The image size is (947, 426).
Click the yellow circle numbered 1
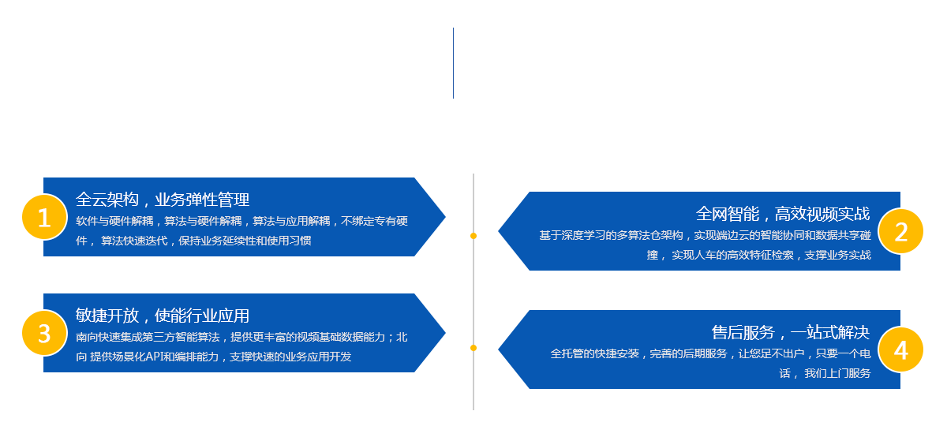44,217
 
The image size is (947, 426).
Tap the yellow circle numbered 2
900,231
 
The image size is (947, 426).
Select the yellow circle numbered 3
44,333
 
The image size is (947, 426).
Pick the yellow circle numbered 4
900,349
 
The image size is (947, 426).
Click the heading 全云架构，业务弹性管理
163,200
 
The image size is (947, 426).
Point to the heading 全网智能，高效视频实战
783,214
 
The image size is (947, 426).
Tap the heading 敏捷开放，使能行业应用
163,316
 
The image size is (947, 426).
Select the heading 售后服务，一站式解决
791,332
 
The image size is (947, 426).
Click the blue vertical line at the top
453,63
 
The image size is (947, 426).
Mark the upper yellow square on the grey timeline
473,235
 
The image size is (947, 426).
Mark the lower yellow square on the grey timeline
473,347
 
